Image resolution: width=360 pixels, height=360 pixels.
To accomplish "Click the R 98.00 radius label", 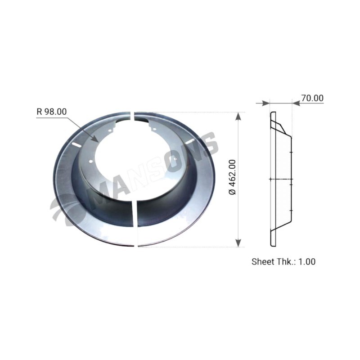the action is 52,112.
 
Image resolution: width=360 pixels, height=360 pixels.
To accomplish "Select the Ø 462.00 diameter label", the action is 232,177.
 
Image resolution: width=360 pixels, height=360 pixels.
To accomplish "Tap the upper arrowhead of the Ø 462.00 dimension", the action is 238,117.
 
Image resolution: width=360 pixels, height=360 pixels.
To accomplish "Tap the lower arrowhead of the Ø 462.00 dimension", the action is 238,243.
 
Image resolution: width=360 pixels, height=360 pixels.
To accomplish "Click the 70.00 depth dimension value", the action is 312,98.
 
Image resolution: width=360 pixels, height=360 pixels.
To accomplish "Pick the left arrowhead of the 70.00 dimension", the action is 265,103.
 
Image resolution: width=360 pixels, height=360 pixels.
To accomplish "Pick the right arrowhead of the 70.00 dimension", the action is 296,103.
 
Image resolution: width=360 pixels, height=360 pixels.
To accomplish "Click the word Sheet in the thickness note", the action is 263,261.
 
